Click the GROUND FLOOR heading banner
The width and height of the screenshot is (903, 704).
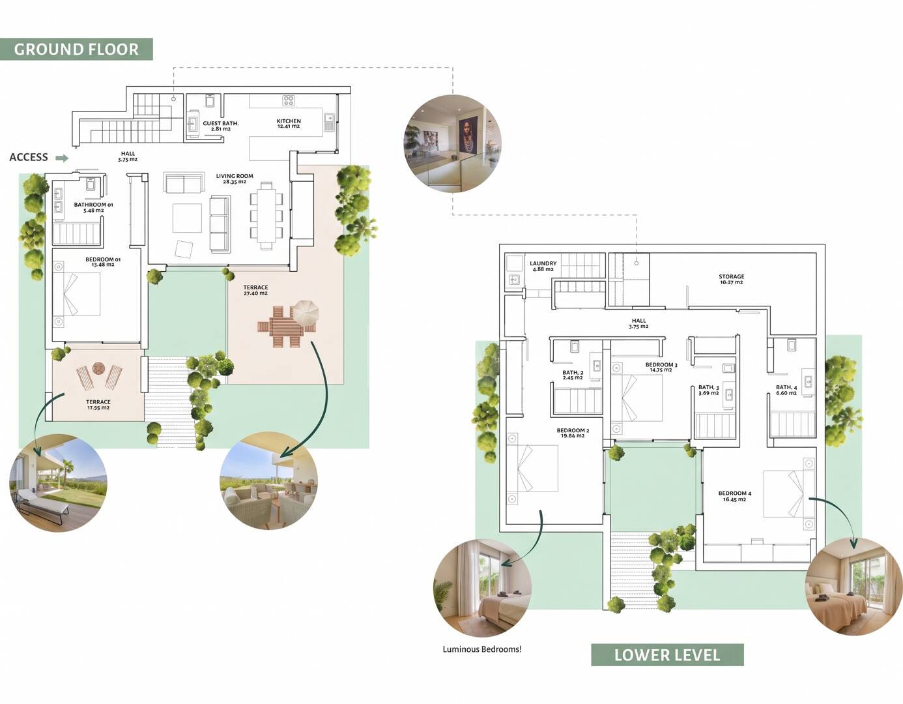click(x=76, y=50)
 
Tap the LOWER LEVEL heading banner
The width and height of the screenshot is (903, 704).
click(x=667, y=655)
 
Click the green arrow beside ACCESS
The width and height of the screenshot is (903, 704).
click(x=62, y=158)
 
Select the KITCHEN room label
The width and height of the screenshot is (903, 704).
click(x=289, y=123)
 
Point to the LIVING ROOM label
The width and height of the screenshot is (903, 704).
click(x=235, y=179)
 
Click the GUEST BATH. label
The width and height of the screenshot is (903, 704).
click(x=221, y=126)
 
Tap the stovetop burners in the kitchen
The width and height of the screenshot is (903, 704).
click(x=289, y=100)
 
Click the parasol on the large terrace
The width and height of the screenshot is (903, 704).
click(x=306, y=312)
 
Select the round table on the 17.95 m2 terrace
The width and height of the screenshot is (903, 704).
click(x=99, y=369)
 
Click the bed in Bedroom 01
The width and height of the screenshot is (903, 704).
click(x=81, y=294)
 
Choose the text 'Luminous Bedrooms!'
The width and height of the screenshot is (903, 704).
click(x=482, y=649)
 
